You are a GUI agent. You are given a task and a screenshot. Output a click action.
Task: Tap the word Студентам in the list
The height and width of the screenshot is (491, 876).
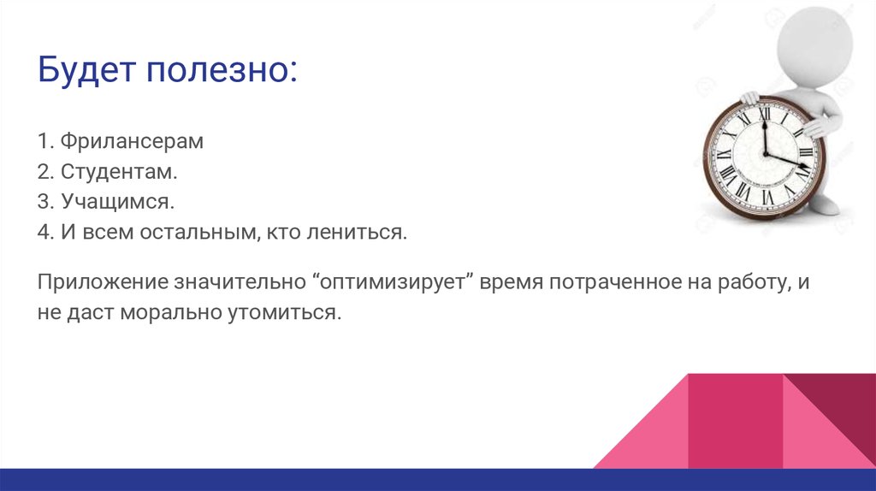click(119, 172)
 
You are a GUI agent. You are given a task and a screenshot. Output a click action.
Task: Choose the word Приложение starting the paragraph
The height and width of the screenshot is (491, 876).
click(104, 283)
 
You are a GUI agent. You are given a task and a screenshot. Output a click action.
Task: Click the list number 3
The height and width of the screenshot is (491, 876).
click(44, 202)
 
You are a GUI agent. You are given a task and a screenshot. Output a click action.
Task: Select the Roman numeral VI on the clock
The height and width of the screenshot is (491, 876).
click(767, 197)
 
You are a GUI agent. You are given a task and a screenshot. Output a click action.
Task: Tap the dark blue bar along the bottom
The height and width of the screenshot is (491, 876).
click(438, 480)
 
